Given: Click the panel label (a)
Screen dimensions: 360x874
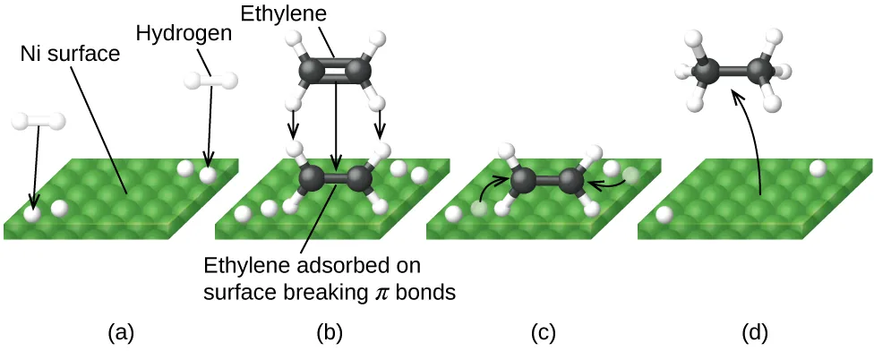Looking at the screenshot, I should pos(120,334).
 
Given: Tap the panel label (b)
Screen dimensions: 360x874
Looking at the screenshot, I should pos(330,334).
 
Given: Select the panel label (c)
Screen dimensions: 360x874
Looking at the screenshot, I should pos(543,334).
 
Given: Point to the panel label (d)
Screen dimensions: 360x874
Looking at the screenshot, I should pos(755,334).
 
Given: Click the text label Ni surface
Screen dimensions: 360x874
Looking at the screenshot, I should pos(70,53).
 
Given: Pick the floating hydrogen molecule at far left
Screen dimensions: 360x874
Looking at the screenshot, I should pos(37,120).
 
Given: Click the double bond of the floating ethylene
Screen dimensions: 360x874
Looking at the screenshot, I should pos(334,71).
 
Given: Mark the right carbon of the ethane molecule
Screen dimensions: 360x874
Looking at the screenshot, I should pos(761,70).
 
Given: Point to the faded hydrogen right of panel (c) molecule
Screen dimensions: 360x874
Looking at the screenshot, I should pos(630,176).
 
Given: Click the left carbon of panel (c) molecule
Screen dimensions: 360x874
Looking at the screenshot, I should pos(523,182).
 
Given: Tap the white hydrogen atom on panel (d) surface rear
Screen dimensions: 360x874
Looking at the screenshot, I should pos(817,167).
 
